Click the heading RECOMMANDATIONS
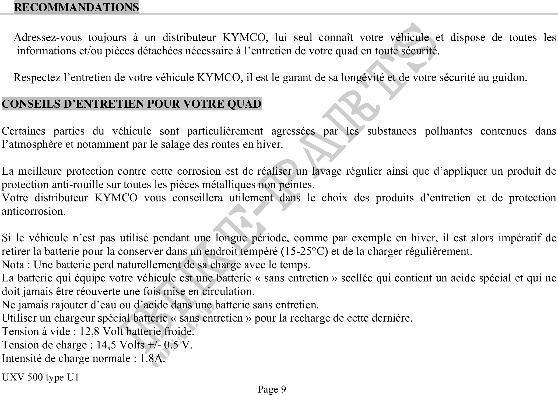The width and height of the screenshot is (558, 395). (x=76, y=7)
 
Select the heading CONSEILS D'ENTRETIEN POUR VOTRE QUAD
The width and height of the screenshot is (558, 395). (x=132, y=104)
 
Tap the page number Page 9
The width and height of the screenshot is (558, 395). (x=272, y=389)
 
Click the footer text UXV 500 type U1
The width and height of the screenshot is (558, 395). (x=40, y=377)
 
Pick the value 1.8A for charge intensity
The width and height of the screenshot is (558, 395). (x=152, y=358)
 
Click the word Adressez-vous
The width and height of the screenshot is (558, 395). (x=48, y=37)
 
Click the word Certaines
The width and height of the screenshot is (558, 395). (x=23, y=131)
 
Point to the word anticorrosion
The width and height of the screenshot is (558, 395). (x=33, y=211)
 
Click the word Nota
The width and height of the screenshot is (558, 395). (x=13, y=265)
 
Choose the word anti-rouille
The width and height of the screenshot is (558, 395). (x=78, y=185)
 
